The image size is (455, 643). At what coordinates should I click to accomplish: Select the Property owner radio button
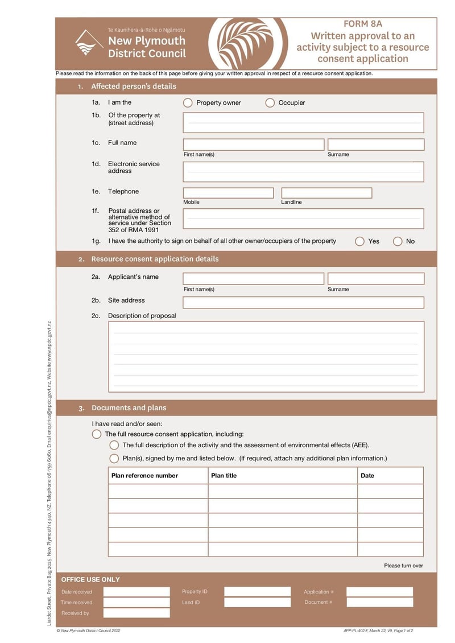pyautogui.click(x=188, y=103)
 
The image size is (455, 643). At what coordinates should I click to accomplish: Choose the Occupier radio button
pyautogui.click(x=270, y=103)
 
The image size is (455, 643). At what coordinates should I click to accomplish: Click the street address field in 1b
pyautogui.click(x=303, y=122)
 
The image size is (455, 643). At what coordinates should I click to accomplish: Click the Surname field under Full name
pyautogui.click(x=376, y=145)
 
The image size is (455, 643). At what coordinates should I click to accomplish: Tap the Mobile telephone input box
pyautogui.click(x=228, y=193)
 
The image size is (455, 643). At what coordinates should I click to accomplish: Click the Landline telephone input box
pyautogui.click(x=326, y=193)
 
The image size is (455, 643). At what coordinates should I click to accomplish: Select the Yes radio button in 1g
pyautogui.click(x=359, y=241)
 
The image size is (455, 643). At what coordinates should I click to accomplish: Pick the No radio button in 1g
pyautogui.click(x=398, y=241)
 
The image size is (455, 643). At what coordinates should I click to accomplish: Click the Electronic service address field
pyautogui.click(x=303, y=172)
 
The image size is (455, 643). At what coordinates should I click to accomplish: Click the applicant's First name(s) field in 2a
pyautogui.click(x=253, y=279)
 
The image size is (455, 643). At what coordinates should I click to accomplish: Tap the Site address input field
pyautogui.click(x=303, y=302)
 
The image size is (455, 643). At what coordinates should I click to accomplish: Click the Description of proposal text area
pyautogui.click(x=266, y=357)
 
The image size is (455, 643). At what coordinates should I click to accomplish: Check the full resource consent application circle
pyautogui.click(x=97, y=434)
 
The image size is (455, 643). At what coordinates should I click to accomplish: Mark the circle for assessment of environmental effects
pyautogui.click(x=114, y=445)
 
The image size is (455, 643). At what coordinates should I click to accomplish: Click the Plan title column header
pyautogui.click(x=224, y=476)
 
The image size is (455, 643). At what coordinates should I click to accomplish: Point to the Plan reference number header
pyautogui.click(x=144, y=476)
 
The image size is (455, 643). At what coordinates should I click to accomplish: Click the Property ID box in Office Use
pyautogui.click(x=257, y=592)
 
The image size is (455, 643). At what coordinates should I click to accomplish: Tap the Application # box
pyautogui.click(x=379, y=592)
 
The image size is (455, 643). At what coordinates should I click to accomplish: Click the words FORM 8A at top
pyautogui.click(x=363, y=24)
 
